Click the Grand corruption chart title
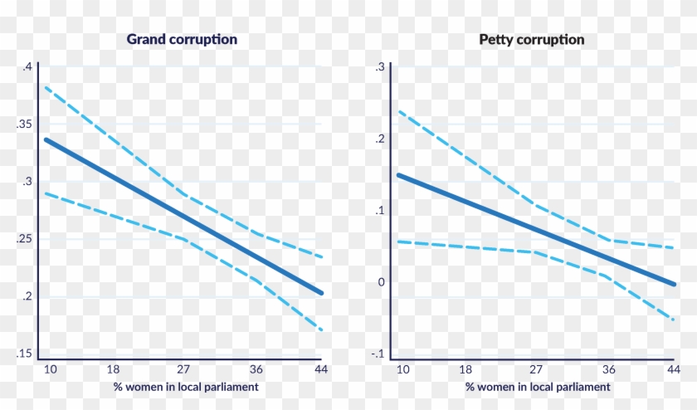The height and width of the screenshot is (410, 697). pos(182,39)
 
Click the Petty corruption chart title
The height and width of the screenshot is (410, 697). pos(531,39)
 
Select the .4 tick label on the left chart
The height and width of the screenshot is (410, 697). pos(27,66)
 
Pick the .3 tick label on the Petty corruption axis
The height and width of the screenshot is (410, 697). pos(379,66)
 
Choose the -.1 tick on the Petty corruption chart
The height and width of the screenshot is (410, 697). pos(378,354)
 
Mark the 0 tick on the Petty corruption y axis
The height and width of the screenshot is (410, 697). pos(381,282)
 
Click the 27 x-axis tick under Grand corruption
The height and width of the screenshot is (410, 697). pos(183,369)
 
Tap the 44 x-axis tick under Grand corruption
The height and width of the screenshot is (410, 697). pos(319,369)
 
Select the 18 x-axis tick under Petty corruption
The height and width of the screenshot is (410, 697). pos(466,369)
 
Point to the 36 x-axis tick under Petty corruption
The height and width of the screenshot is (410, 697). pos(608,369)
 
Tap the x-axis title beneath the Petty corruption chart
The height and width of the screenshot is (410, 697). pos(537,387)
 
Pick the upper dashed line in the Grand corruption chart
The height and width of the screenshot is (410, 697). pos(183,193)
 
